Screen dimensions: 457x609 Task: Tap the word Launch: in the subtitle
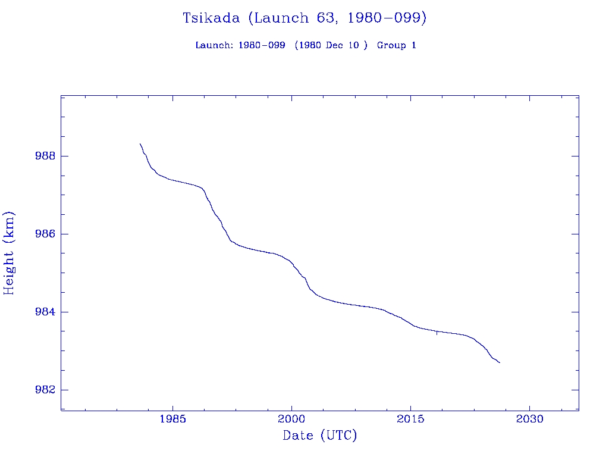215,45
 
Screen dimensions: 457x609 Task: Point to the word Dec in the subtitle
335,45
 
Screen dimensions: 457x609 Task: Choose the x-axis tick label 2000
291,419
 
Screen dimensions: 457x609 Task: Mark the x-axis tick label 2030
530,419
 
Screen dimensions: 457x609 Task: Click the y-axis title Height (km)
9,253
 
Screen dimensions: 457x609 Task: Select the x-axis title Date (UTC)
320,436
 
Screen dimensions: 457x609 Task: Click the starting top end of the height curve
140,144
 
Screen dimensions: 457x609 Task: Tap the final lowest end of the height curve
500,362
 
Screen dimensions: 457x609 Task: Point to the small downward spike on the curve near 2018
437,334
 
